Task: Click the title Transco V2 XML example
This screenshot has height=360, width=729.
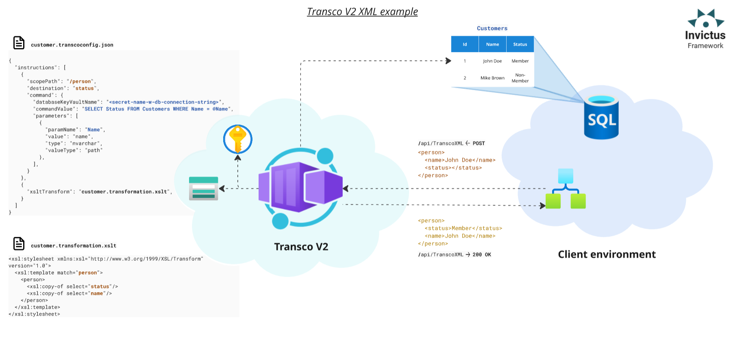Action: [x=362, y=12]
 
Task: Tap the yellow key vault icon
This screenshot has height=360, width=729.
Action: [x=238, y=139]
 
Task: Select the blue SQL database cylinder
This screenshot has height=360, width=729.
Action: [x=601, y=118]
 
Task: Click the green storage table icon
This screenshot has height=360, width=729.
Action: [x=204, y=188]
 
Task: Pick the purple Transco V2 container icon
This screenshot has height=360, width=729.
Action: [x=300, y=187]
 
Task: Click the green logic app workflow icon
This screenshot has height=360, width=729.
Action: [x=566, y=189]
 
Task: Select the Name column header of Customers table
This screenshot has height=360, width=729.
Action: [x=492, y=44]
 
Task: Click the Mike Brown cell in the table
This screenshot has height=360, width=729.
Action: [x=492, y=78]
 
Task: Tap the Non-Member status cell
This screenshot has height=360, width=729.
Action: [x=520, y=78]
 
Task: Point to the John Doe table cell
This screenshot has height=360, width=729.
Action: [x=492, y=61]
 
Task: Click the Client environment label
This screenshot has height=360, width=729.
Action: [x=607, y=255]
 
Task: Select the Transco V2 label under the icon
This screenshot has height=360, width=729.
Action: [x=301, y=247]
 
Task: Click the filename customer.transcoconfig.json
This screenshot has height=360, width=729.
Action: [x=72, y=45]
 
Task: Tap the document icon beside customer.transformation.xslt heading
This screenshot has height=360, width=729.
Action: [x=19, y=244]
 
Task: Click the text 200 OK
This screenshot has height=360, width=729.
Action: [x=482, y=255]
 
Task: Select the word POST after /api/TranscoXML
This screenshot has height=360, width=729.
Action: [x=479, y=144]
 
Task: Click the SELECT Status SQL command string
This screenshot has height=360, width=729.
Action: [x=156, y=109]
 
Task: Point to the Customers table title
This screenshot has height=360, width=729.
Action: [x=492, y=28]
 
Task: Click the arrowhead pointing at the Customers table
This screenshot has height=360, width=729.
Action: [x=448, y=61]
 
